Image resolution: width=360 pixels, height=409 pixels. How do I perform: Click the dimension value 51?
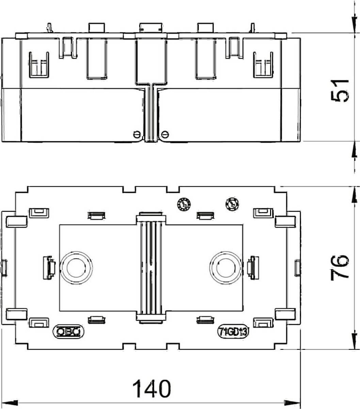point(340,91)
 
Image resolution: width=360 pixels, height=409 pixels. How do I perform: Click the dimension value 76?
point(340,268)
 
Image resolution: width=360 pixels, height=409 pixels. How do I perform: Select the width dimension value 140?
point(151,389)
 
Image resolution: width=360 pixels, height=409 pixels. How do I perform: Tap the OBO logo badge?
point(68,331)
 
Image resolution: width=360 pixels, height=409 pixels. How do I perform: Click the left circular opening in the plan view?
point(76,268)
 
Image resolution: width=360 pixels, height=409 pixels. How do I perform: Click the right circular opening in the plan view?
point(226,268)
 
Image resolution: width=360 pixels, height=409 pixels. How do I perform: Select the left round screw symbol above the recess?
point(184,204)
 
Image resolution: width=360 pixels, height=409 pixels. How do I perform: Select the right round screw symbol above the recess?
point(232,204)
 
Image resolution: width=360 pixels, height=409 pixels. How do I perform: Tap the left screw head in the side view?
point(137,134)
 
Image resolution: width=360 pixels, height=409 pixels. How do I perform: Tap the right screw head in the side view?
point(165,134)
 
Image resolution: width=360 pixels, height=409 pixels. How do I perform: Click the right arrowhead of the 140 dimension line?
point(292,403)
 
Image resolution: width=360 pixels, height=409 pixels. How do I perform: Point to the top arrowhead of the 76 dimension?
point(354,195)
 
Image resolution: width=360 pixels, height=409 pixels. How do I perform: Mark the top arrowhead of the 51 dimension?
point(354,25)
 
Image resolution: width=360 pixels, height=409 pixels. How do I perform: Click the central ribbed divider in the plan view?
point(151,268)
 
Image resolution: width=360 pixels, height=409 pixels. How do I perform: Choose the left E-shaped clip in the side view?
point(39,65)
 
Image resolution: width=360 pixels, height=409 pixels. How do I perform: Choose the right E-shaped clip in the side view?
point(263,65)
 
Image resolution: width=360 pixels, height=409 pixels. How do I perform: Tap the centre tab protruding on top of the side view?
point(151,28)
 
